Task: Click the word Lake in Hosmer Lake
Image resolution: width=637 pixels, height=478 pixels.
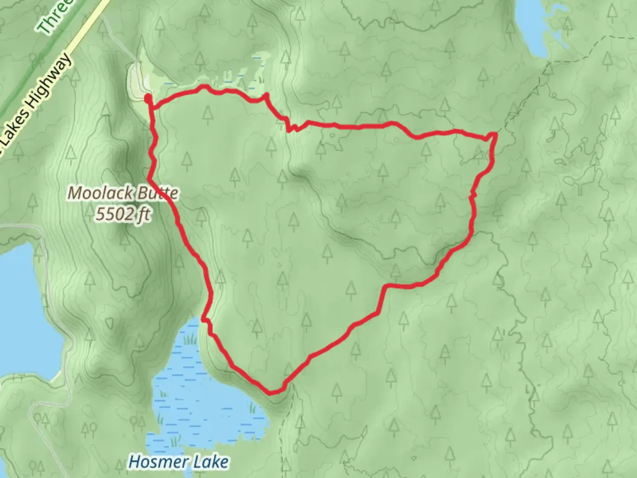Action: (x=211, y=462)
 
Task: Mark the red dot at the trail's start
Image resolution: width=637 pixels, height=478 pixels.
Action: (x=148, y=97)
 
